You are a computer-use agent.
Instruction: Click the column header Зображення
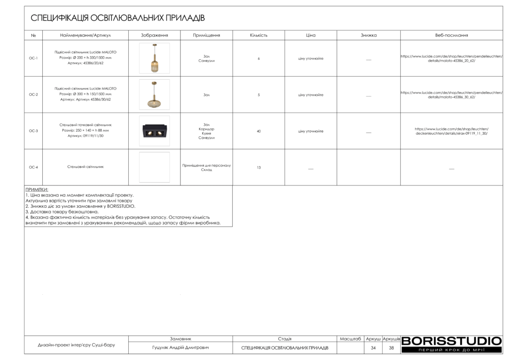pos(154,35)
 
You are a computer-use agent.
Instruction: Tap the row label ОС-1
pos(33,59)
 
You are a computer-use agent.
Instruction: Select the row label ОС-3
pos(33,131)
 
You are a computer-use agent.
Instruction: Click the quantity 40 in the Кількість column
pos(258,131)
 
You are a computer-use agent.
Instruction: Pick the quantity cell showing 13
pos(258,168)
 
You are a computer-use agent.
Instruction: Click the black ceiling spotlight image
pos(154,132)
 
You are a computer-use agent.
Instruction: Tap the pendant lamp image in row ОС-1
pos(154,59)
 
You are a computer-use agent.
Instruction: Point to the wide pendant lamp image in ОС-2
pos(154,95)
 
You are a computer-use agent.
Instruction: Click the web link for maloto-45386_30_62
pos(451,95)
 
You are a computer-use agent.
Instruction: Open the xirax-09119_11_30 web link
pos(451,131)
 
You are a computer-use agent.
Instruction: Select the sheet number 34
pos(373,348)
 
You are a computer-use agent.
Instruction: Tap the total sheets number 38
pos(391,348)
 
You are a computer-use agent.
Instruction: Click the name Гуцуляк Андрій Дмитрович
pos(180,348)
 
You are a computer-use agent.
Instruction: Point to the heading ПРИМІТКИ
pos(37,190)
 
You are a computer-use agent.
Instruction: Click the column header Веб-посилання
pos(451,35)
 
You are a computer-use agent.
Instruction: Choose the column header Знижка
pos(368,35)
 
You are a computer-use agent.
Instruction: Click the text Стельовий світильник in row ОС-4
pos(85,168)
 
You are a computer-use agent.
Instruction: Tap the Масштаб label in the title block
pos(350,339)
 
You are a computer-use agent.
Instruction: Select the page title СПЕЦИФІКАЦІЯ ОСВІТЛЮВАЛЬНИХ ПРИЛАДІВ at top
pos(118,18)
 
